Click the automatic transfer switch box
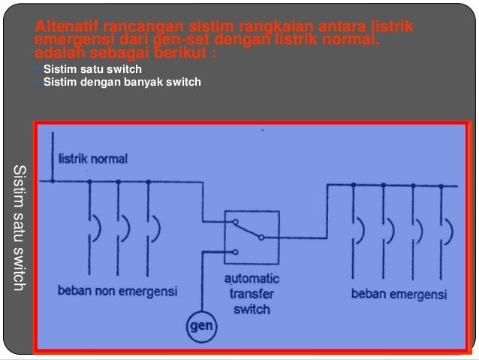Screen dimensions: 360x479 [252, 236]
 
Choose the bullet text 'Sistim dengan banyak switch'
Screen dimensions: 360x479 [122, 82]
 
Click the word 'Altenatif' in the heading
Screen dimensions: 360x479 [65, 29]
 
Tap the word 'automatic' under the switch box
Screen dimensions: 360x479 [252, 278]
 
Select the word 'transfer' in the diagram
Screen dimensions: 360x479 [252, 294]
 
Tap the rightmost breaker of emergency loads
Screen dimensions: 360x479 [447, 227]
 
